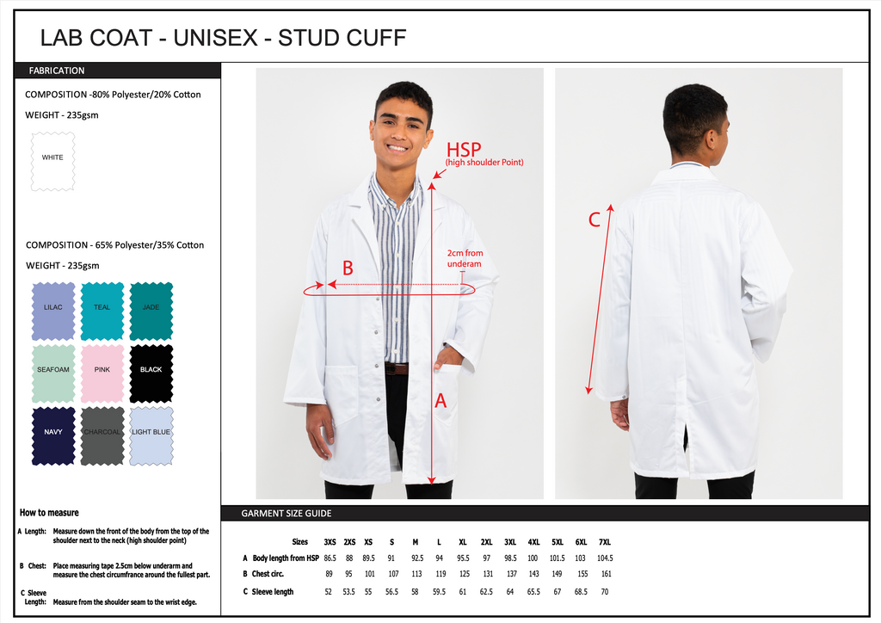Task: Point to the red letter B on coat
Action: (348, 268)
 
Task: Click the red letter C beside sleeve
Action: (594, 220)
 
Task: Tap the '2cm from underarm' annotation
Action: (465, 258)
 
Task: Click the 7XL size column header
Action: (605, 542)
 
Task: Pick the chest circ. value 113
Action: (416, 574)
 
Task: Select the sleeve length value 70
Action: (605, 592)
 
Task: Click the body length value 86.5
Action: (330, 558)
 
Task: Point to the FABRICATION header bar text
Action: (57, 71)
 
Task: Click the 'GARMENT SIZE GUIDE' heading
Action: (286, 514)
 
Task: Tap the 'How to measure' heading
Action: (49, 513)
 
